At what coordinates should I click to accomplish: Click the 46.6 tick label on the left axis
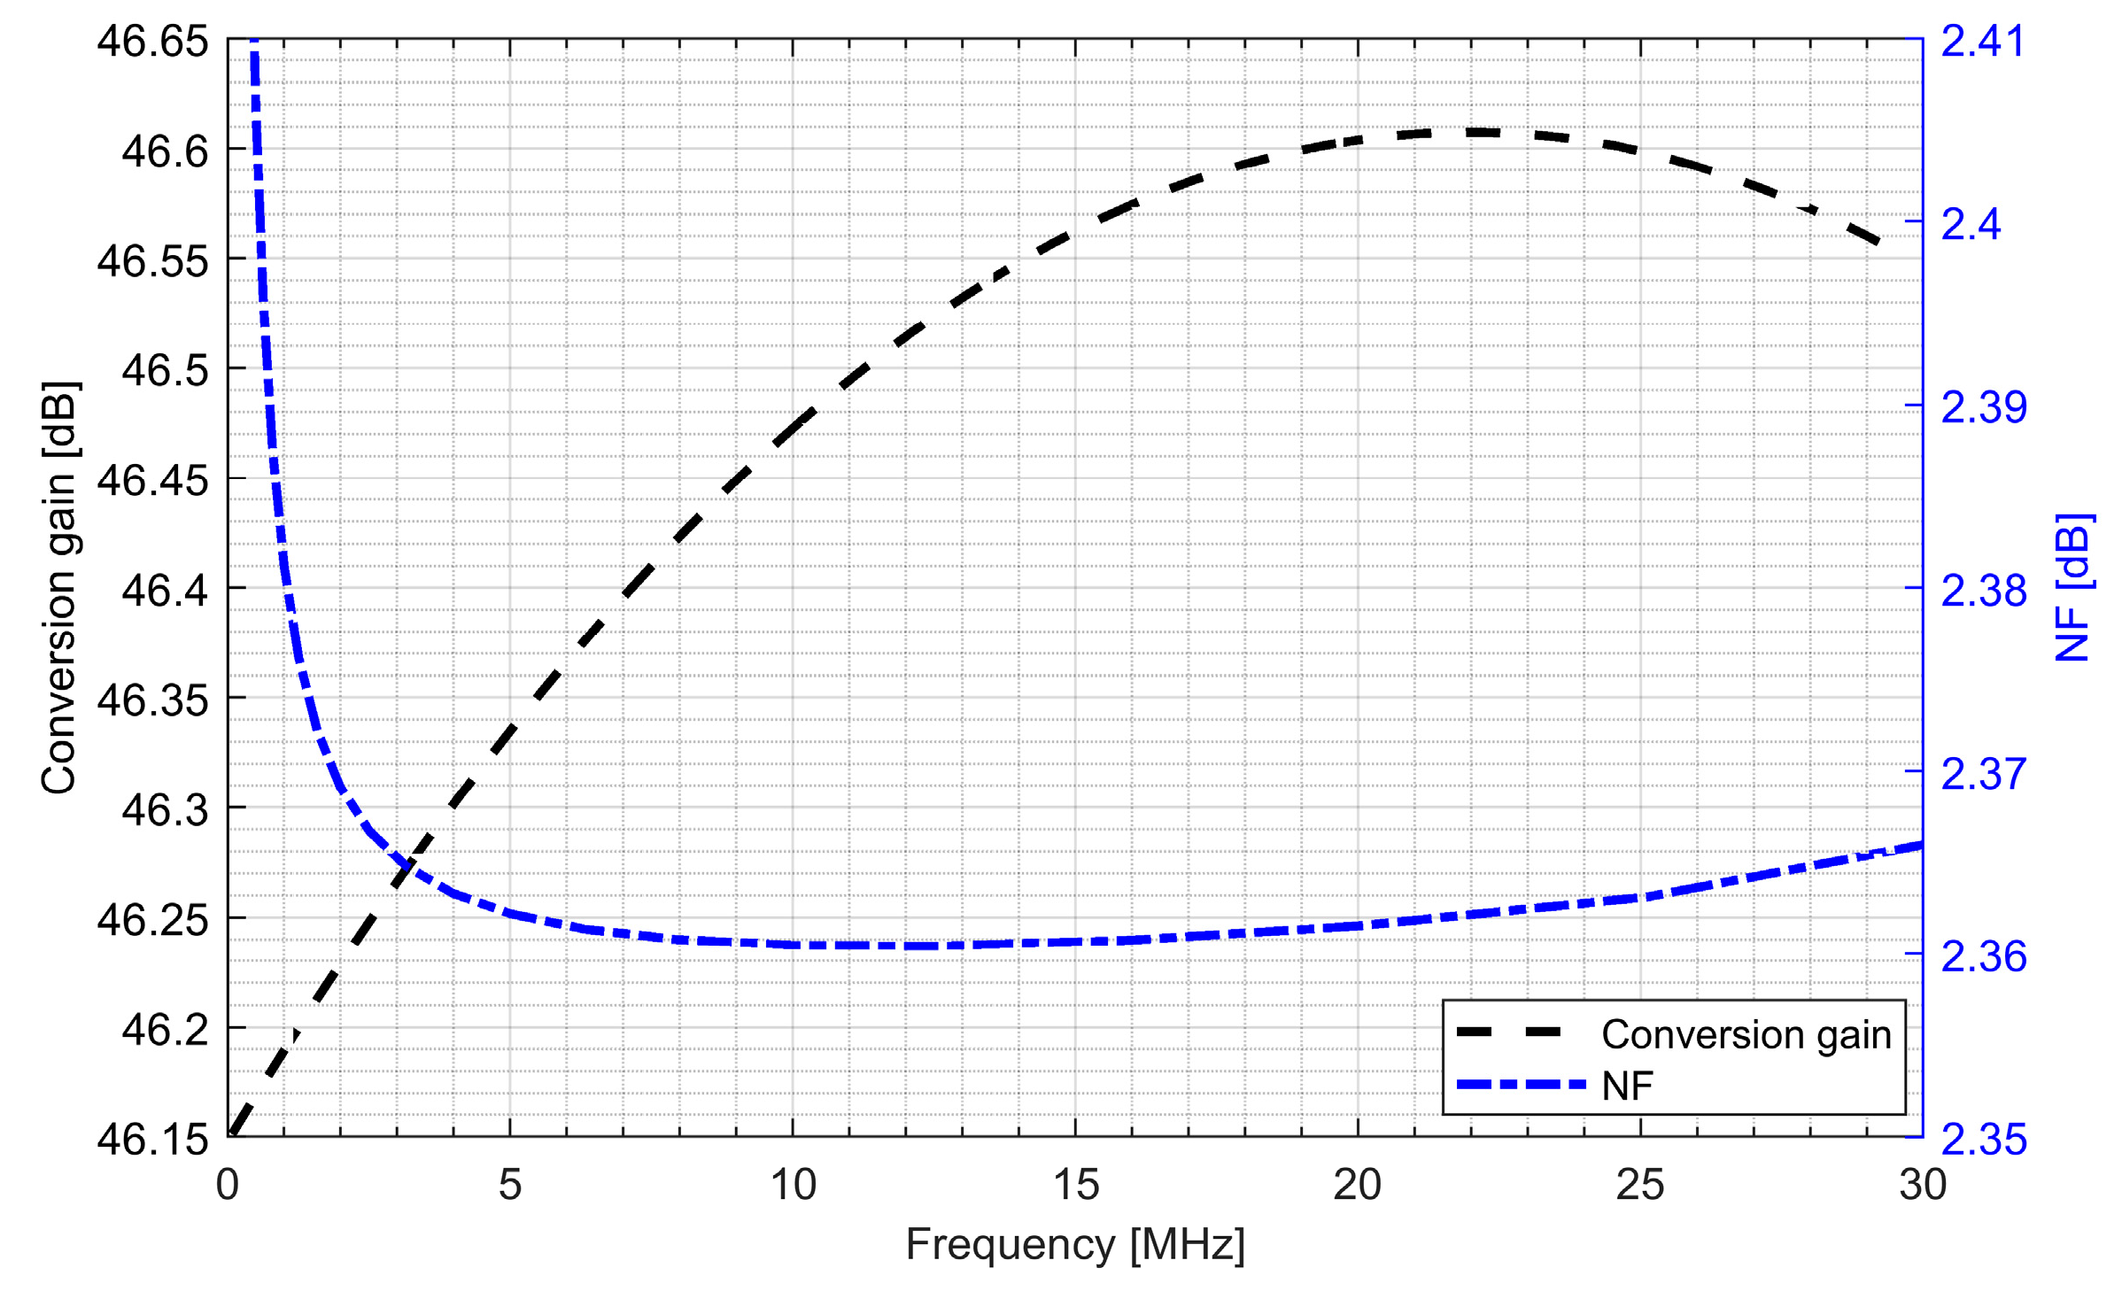coord(165,151)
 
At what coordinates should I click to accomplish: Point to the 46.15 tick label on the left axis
coord(152,1139)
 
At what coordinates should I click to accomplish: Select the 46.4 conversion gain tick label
coord(165,590)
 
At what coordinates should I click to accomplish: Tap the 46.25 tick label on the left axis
coord(152,919)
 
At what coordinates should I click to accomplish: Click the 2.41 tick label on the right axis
coord(1982,42)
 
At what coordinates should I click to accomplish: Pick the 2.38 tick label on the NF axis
coord(1983,591)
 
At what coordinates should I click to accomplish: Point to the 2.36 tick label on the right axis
coord(1983,956)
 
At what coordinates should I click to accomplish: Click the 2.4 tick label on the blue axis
coord(1971,224)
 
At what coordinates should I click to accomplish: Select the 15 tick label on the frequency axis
coord(1075,1185)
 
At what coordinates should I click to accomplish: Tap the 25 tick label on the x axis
coord(1639,1185)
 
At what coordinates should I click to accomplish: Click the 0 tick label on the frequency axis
coord(228,1185)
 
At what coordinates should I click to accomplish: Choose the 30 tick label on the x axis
coord(1923,1185)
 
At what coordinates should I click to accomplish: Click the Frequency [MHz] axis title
coord(1074,1244)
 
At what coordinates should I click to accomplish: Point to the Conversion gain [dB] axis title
coord(60,588)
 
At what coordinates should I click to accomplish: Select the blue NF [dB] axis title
coord(2072,588)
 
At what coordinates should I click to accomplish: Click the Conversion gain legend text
coord(1746,1034)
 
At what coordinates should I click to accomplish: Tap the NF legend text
coord(1627,1086)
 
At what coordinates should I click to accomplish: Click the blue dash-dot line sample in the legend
coord(1520,1085)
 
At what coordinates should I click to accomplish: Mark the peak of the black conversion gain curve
coord(1470,132)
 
